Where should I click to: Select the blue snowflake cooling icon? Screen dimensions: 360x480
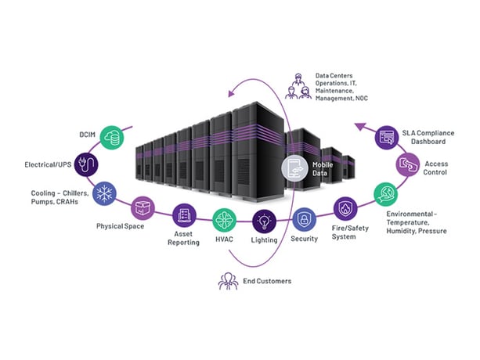(x=105, y=193)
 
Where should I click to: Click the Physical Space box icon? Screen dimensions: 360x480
(x=142, y=208)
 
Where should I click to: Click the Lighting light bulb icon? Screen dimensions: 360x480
(x=265, y=219)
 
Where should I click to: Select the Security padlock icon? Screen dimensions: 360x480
(x=304, y=217)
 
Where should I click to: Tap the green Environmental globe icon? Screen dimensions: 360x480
(x=384, y=193)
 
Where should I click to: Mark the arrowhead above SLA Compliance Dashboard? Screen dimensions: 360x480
(x=361, y=124)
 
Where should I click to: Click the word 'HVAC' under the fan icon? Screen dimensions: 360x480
(x=224, y=239)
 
